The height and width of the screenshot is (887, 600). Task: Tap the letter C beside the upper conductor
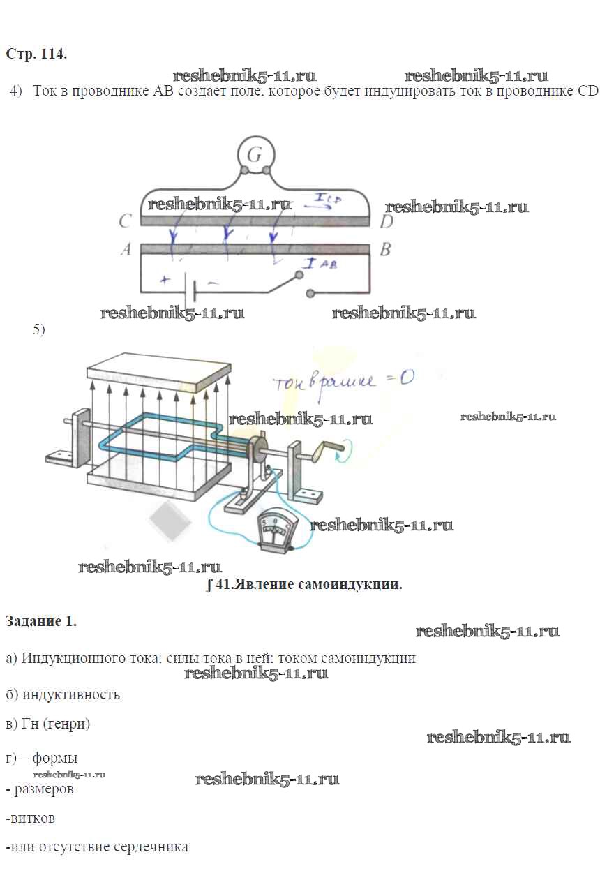(126, 221)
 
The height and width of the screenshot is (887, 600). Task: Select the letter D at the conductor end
(387, 221)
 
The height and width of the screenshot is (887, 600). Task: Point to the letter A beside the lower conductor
(126, 250)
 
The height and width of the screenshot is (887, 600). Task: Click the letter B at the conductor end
(384, 250)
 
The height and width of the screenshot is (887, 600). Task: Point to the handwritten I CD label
(328, 200)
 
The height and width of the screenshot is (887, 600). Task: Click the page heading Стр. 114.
(36, 54)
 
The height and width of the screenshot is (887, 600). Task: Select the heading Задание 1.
(40, 621)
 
